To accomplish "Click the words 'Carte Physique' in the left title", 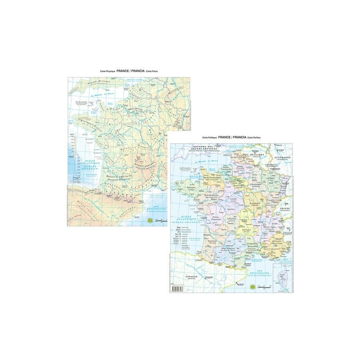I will click(x=108, y=71).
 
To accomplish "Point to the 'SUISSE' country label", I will click(x=285, y=209).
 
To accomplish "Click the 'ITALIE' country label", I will click(x=288, y=232).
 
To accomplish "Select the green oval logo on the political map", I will click(x=252, y=286).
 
